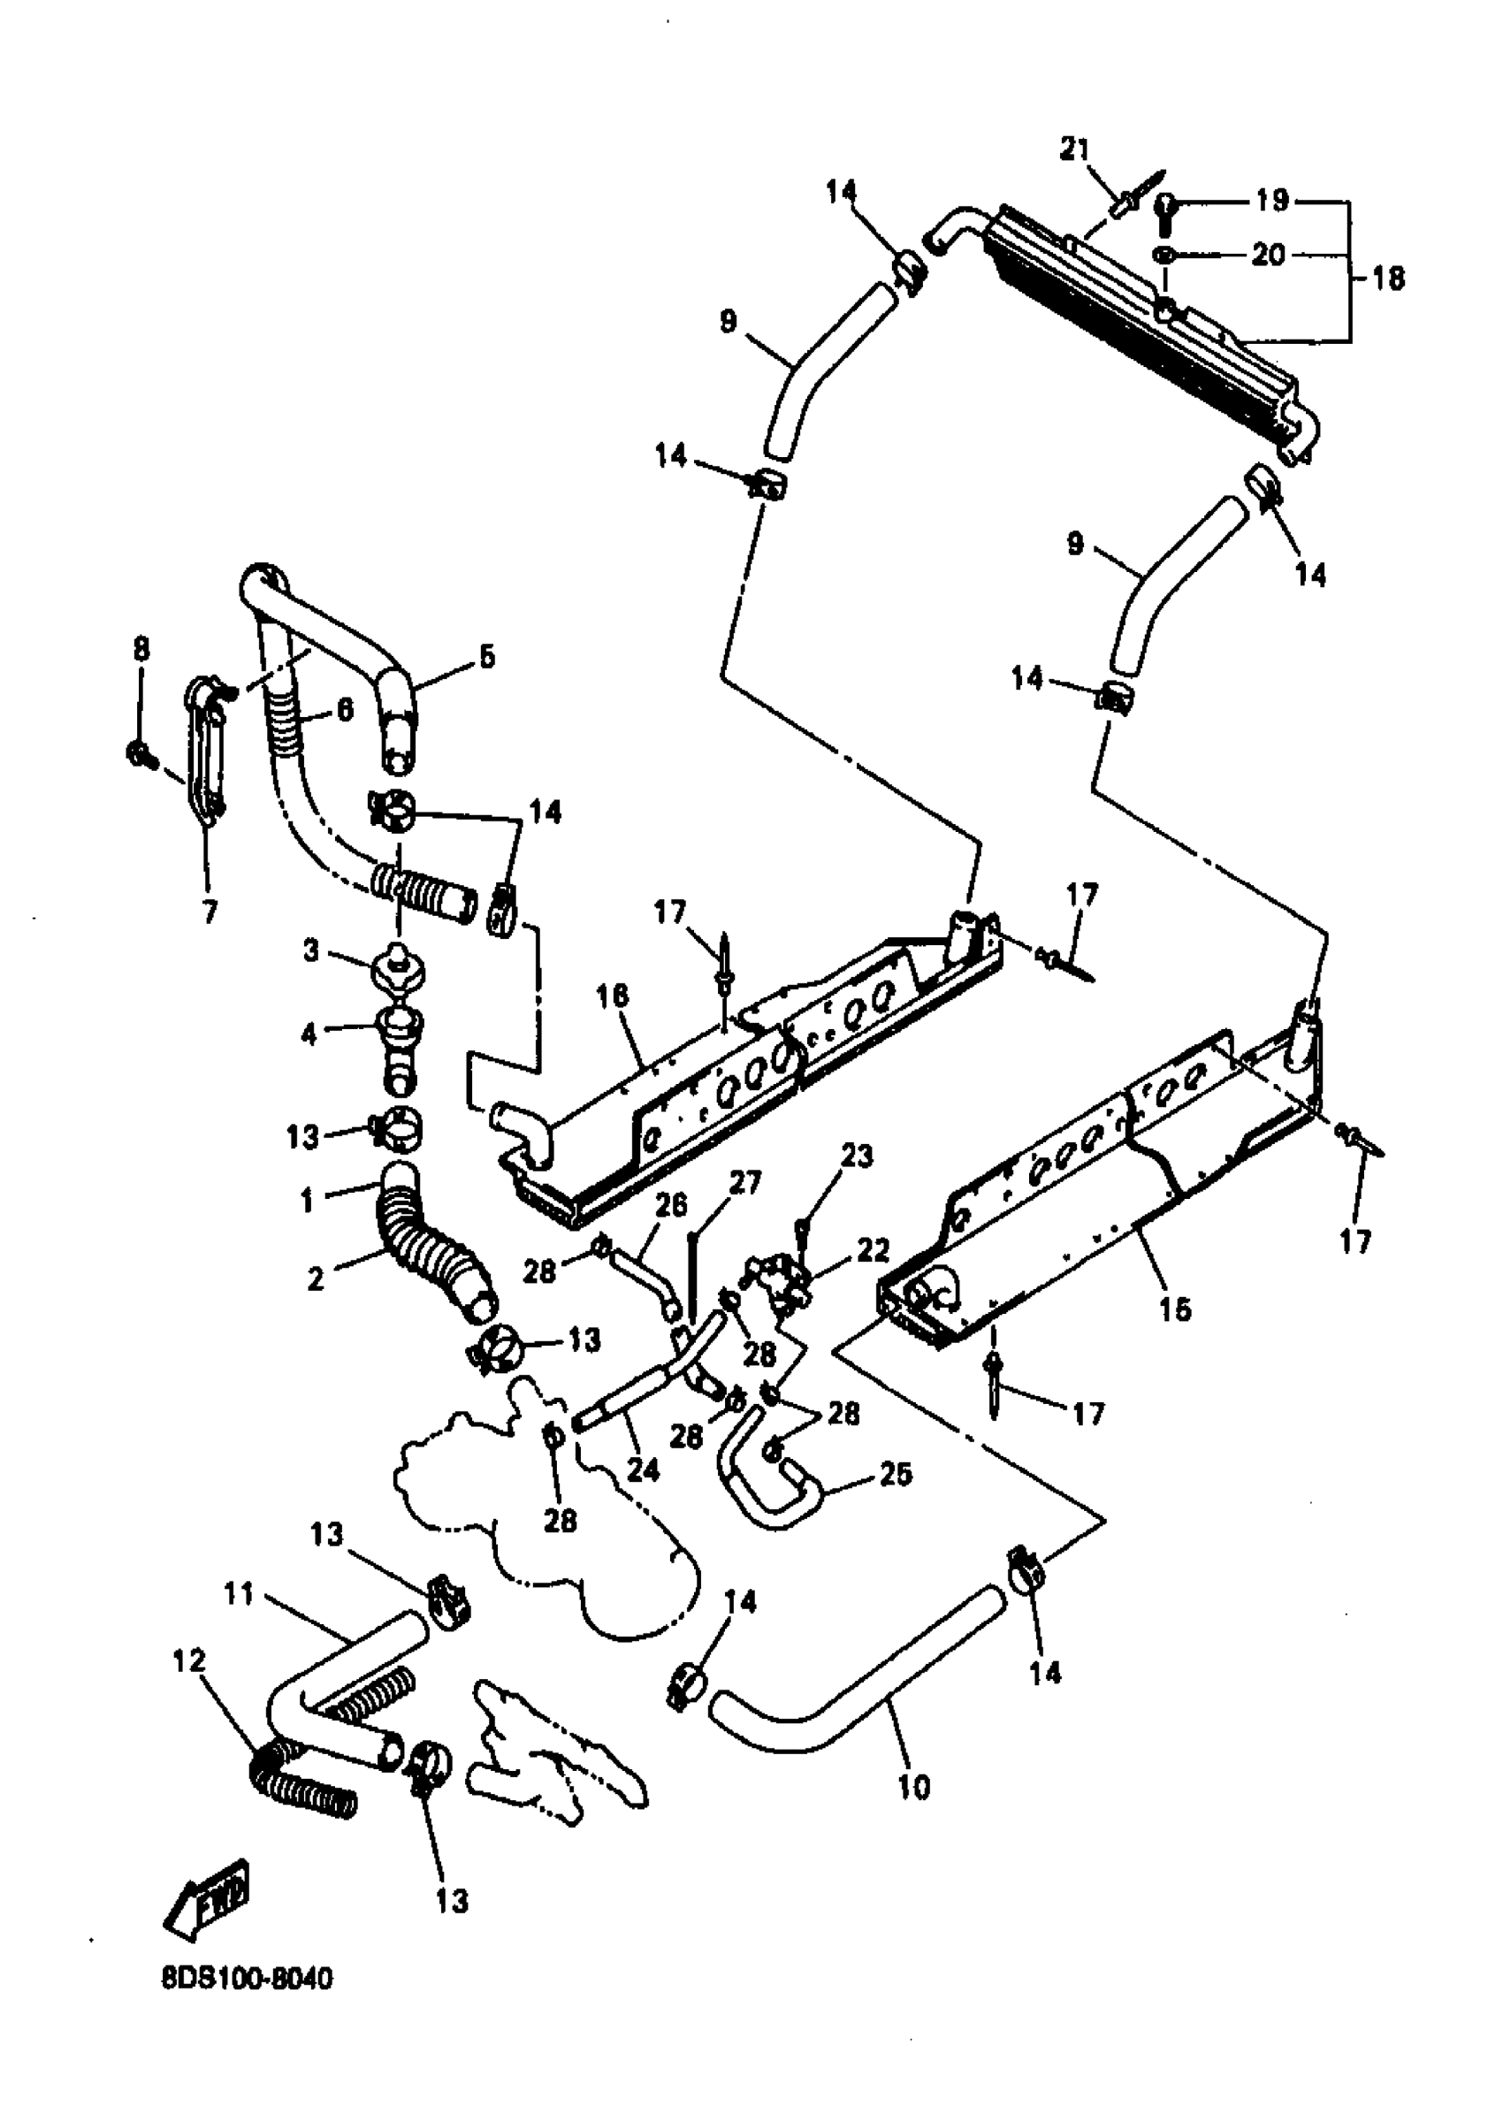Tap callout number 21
[x=1074, y=149]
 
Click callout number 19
[x=1272, y=201]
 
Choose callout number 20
[x=1269, y=255]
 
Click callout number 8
[x=141, y=650]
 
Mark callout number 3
[x=311, y=950]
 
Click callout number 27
[x=746, y=1183]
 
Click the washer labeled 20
[x=1164, y=255]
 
